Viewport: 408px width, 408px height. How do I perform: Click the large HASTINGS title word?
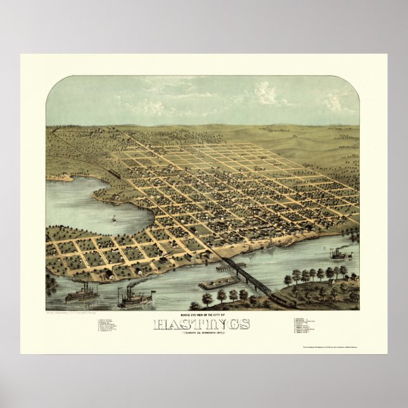(x=201, y=325)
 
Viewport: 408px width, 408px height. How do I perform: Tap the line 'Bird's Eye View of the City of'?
(x=201, y=316)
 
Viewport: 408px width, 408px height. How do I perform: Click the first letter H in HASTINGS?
(x=160, y=325)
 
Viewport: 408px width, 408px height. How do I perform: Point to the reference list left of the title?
(x=108, y=326)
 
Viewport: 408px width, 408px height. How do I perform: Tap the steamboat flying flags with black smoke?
(x=136, y=298)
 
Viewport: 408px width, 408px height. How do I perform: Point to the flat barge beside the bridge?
(x=219, y=282)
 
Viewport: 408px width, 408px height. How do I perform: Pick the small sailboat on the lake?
(x=114, y=220)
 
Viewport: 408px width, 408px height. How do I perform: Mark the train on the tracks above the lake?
(x=115, y=172)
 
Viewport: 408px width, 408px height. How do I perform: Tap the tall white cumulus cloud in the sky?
(x=266, y=94)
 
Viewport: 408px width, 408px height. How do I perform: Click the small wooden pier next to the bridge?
(x=226, y=267)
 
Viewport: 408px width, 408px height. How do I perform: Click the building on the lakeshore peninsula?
(x=116, y=198)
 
